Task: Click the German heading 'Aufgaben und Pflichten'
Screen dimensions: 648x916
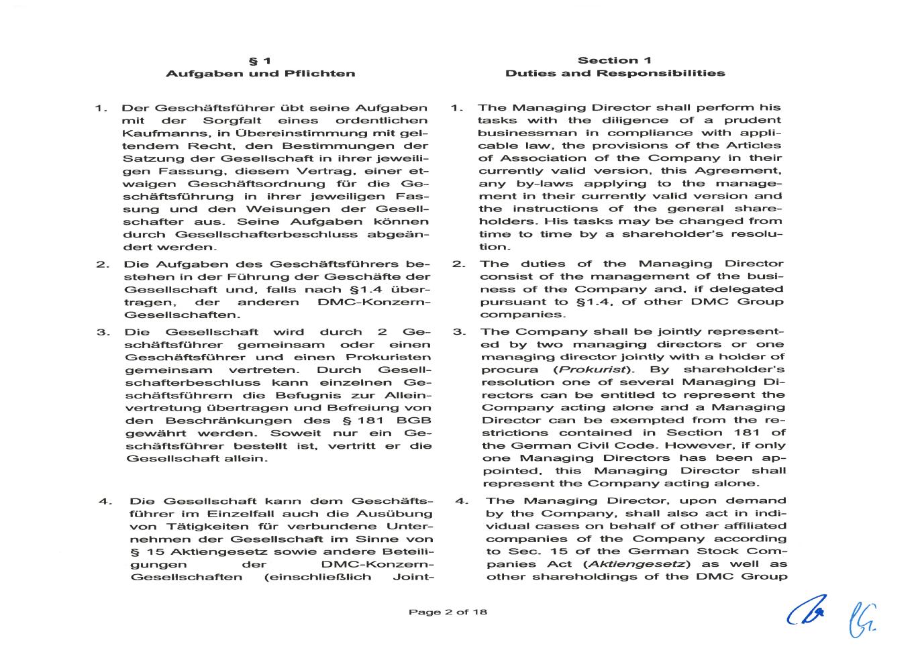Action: click(260, 74)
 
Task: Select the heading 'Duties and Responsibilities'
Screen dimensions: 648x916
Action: click(615, 74)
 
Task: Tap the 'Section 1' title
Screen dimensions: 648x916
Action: click(615, 60)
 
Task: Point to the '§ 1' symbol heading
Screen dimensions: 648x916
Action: click(260, 60)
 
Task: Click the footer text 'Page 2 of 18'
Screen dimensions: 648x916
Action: click(448, 612)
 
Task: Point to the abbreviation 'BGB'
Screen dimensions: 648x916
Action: click(414, 421)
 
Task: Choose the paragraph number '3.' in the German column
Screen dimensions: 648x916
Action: click(103, 332)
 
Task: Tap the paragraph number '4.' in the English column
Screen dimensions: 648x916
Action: click(461, 500)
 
